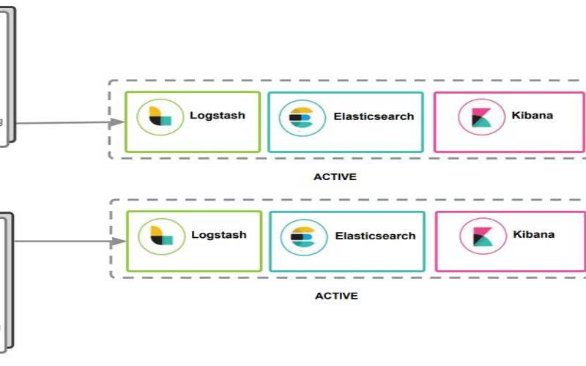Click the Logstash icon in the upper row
click(160, 117)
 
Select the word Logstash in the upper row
click(218, 115)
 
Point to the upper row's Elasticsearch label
click(374, 116)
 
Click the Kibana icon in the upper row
click(481, 117)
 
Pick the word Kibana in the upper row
click(533, 115)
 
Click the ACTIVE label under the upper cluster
click(335, 176)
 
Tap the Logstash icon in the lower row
click(161, 236)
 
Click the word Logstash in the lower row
click(219, 235)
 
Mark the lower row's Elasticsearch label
click(375, 236)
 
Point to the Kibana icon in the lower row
click(483, 236)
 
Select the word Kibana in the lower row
click(534, 234)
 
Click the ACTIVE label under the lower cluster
click(336, 296)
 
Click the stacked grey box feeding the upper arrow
click(6, 73)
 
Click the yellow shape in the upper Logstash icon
click(155, 112)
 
